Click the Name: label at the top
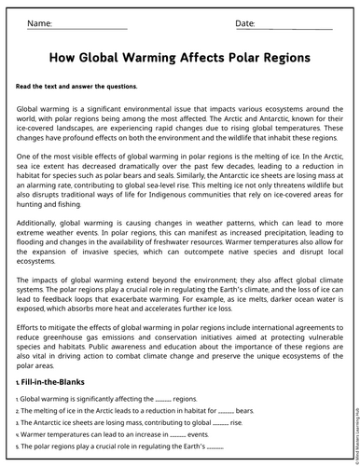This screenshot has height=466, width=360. [39, 21]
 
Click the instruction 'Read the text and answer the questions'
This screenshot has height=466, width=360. [76, 87]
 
